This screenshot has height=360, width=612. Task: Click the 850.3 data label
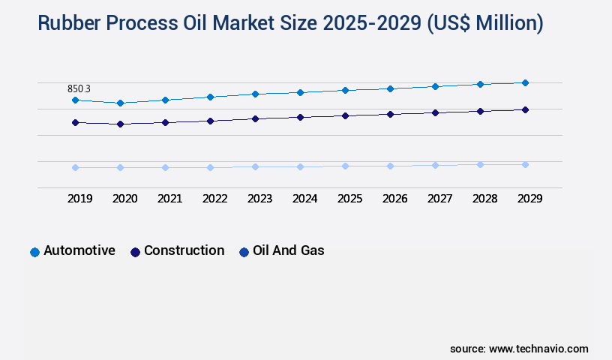point(79,88)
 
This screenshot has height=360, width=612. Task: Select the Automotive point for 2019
point(75,100)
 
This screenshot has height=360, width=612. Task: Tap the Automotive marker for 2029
point(525,82)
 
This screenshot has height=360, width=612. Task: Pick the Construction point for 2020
point(120,124)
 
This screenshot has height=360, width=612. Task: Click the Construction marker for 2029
point(525,109)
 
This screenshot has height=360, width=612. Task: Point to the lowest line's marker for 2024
point(300,166)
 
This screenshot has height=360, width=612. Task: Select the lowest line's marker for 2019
point(75,167)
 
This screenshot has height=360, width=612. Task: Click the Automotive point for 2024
point(300,92)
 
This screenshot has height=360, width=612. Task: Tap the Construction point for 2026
point(390,114)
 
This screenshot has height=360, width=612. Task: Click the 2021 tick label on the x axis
point(169,199)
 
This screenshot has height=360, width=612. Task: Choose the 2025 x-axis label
point(349,199)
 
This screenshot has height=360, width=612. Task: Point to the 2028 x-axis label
point(484,199)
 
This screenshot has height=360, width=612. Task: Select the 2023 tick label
point(259,199)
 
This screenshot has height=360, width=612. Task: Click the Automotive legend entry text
point(79,250)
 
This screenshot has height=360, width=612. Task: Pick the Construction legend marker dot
point(135,252)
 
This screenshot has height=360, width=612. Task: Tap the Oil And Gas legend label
point(289,250)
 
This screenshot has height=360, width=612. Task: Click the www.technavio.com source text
point(538,349)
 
